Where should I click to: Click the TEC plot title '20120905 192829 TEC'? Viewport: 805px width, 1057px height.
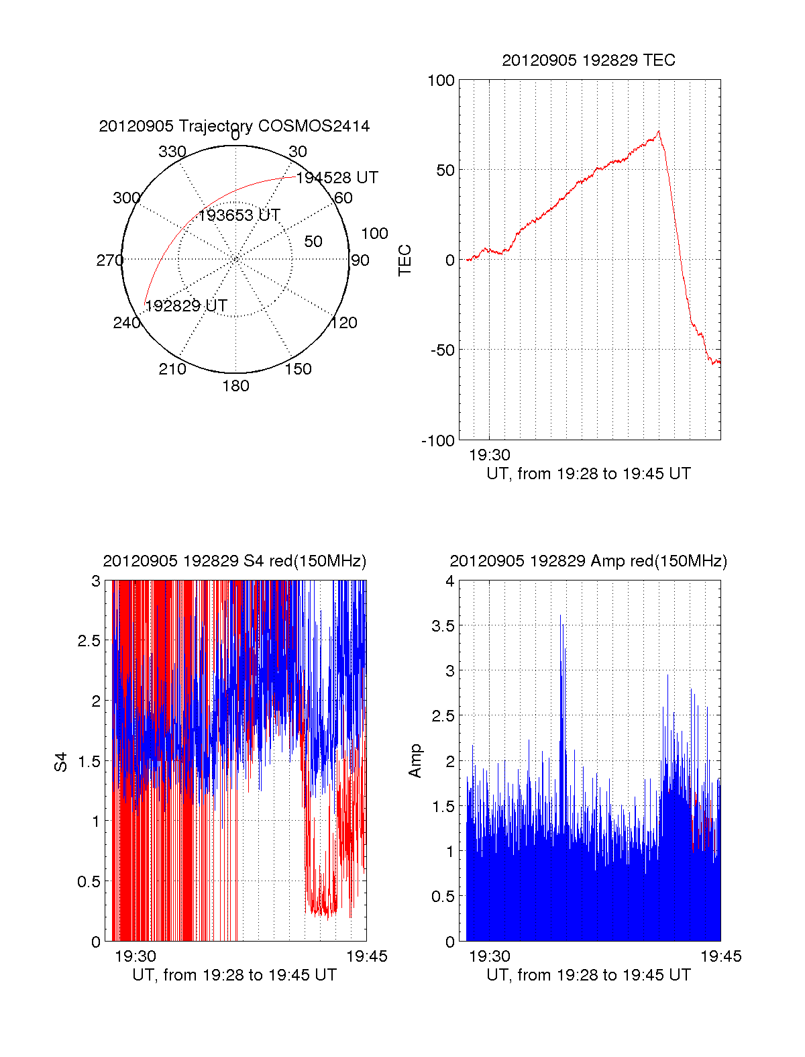[x=588, y=60]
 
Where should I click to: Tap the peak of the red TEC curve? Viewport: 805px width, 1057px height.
[x=659, y=132]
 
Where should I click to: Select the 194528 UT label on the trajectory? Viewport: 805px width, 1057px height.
[x=337, y=178]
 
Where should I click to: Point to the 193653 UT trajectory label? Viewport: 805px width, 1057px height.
[x=239, y=215]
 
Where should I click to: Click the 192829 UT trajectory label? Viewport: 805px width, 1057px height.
[x=186, y=306]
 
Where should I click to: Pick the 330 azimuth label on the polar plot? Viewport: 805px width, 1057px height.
[x=172, y=152]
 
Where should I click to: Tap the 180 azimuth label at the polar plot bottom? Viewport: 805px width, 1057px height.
[x=235, y=386]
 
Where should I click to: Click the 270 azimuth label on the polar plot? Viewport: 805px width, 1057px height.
[x=109, y=260]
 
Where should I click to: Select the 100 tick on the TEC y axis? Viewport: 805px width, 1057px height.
[x=441, y=81]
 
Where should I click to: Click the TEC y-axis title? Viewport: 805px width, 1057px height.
[x=405, y=260]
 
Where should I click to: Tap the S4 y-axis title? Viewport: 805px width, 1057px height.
[x=61, y=762]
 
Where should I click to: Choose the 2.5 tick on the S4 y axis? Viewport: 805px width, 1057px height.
[x=89, y=641]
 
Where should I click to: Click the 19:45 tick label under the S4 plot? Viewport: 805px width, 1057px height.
[x=366, y=956]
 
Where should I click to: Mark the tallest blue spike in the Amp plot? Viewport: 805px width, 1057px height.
[x=561, y=616]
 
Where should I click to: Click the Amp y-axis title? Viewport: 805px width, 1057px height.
[x=416, y=760]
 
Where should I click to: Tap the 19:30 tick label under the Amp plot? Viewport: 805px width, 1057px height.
[x=489, y=956]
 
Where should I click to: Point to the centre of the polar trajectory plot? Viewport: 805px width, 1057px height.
[x=235, y=259]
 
